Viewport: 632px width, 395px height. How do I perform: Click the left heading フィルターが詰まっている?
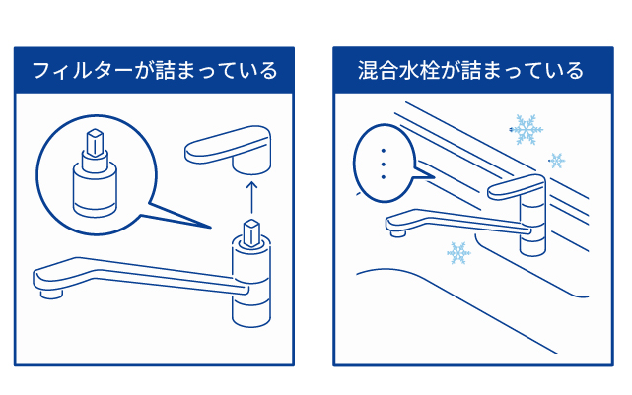155,71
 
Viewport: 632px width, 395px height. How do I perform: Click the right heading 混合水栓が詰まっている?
471,71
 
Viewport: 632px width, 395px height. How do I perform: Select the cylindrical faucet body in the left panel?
250,286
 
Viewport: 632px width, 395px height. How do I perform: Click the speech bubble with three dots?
383,158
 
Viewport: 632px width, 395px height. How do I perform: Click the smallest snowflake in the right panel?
558,160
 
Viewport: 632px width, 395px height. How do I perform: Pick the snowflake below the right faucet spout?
457,254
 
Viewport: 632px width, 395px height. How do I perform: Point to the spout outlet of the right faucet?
396,232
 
